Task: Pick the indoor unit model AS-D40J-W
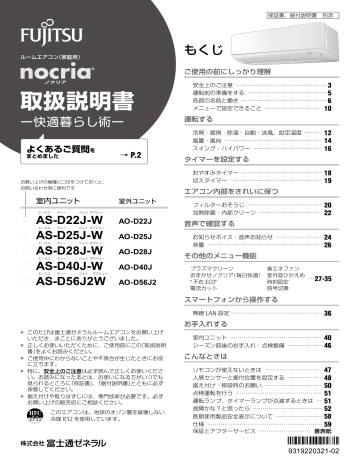(68, 268)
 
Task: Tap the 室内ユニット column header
(49, 203)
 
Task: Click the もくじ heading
(201, 49)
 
